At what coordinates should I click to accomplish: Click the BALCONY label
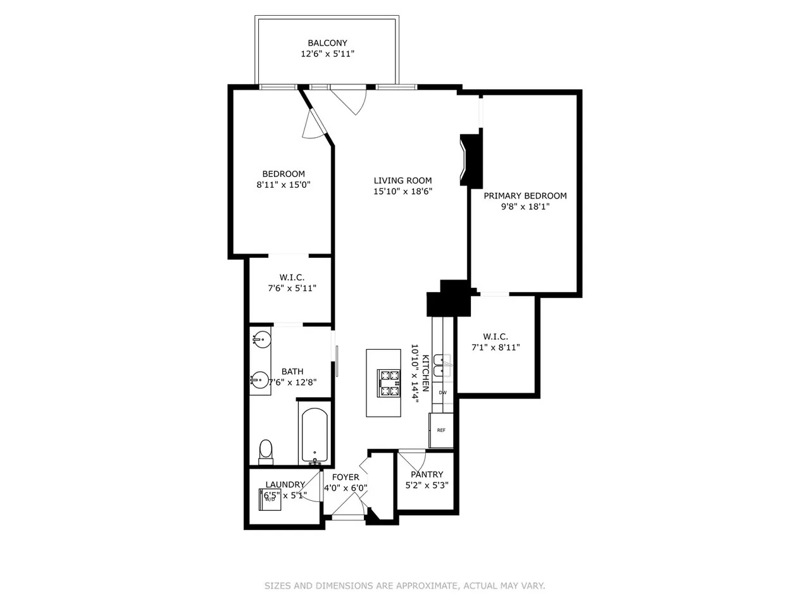coord(327,43)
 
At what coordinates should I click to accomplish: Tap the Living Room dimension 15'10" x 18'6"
coord(402,191)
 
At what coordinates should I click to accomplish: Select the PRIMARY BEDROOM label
coord(525,196)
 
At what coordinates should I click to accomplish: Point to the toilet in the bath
coord(266,451)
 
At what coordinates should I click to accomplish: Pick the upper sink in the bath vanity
coord(260,340)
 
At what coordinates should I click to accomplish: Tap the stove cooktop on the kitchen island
coord(389,384)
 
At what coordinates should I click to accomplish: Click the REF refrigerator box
coord(441,431)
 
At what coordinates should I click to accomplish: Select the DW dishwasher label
coord(443,393)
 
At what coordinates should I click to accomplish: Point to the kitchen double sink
coord(443,365)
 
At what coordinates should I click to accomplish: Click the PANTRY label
coord(427,474)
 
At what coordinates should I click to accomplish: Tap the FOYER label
coord(346,477)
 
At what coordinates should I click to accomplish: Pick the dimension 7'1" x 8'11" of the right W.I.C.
coord(495,347)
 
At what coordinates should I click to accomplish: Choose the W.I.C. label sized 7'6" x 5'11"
coord(292,278)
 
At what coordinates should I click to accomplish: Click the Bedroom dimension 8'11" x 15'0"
coord(283,185)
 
